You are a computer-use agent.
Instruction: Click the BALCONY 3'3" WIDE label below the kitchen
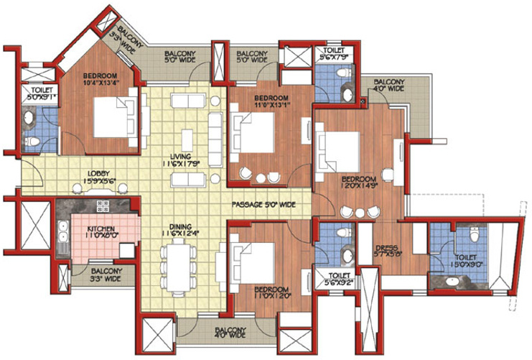(x=106, y=274)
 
